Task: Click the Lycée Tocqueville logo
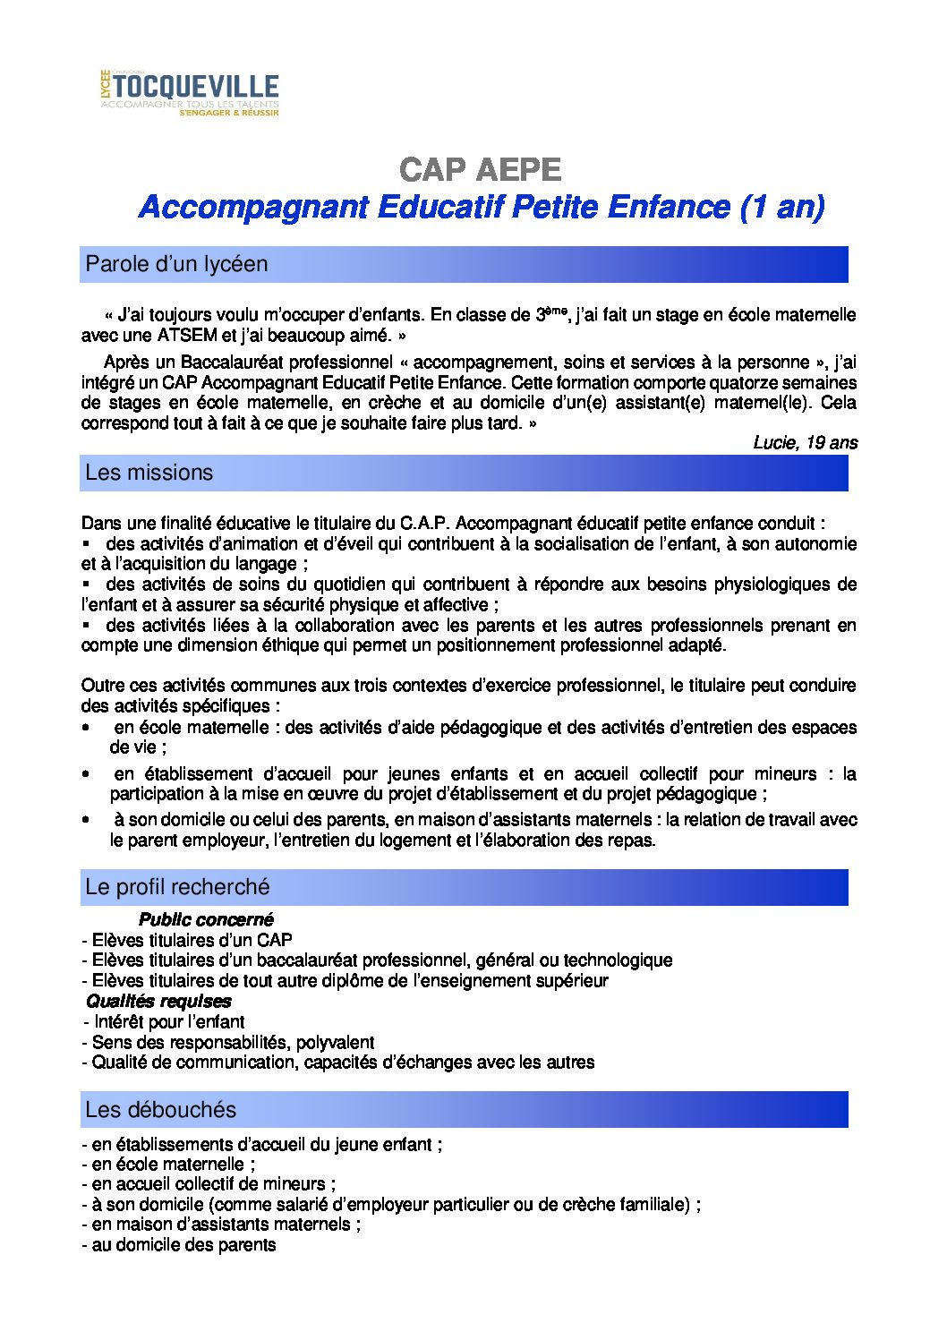point(189,93)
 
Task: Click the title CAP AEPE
point(481,169)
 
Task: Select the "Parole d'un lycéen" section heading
point(176,264)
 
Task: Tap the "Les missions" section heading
point(149,473)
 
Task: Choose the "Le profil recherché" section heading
point(177,887)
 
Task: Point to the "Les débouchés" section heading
point(160,1110)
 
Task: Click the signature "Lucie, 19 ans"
point(805,442)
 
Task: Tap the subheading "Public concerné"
point(206,919)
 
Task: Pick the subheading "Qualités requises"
point(158,1001)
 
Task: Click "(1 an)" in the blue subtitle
point(781,207)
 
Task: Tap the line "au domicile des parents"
point(183,1245)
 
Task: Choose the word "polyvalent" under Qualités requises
point(335,1042)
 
